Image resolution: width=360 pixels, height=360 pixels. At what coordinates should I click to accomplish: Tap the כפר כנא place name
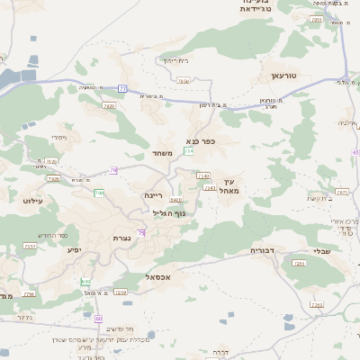point(200,141)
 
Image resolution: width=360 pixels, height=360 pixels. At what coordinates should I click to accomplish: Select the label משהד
point(162,154)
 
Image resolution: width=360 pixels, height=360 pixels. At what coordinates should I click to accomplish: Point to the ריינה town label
point(152,194)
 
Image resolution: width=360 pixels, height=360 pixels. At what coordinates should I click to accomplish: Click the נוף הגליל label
point(169,213)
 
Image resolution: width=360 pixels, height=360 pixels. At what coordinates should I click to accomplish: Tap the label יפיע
point(74,249)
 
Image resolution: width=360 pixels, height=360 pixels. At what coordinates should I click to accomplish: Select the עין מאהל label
point(229,186)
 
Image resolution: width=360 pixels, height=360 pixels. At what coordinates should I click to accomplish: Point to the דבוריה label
point(262,250)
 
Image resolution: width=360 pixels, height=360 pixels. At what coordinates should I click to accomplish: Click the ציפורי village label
point(59,138)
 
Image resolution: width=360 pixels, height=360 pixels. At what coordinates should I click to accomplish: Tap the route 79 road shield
point(113,170)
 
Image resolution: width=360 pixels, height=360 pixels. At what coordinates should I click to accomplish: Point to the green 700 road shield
point(99,193)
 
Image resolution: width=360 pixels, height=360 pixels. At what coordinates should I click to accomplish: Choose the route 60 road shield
point(98,319)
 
